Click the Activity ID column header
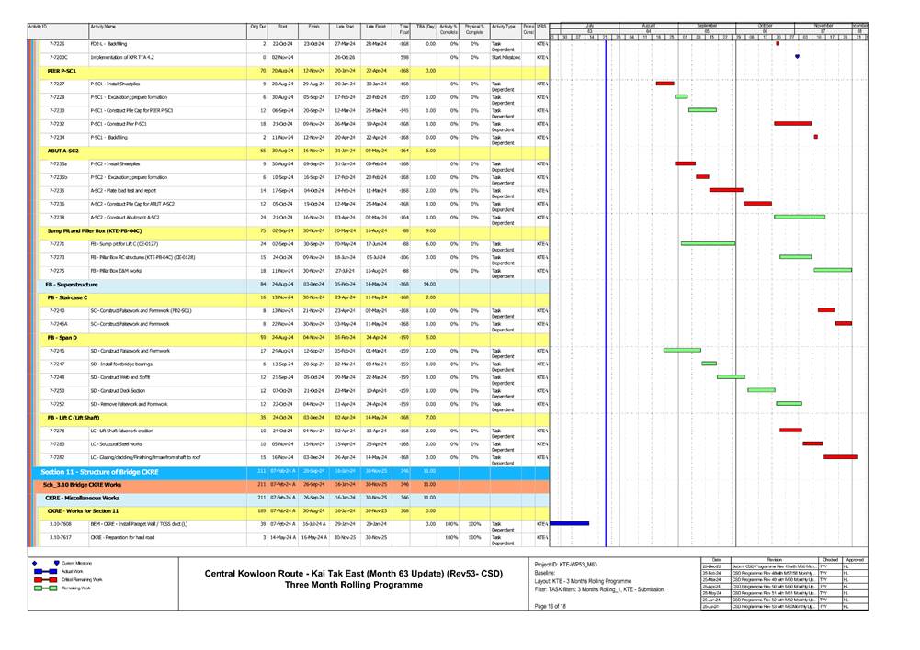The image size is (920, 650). pyautogui.click(x=39, y=28)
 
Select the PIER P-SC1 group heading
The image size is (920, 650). pyautogui.click(x=62, y=70)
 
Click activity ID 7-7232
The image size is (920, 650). pyautogui.click(x=56, y=123)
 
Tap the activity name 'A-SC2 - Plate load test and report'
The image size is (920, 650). pyautogui.click(x=128, y=190)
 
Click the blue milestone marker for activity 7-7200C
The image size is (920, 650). pyautogui.click(x=797, y=57)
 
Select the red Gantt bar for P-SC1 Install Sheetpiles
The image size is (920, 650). pyautogui.click(x=664, y=84)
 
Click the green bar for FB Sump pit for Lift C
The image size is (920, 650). pyautogui.click(x=708, y=243)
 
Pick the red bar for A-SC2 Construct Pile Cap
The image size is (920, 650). pyautogui.click(x=757, y=204)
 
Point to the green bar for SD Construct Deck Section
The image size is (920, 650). pyautogui.click(x=761, y=390)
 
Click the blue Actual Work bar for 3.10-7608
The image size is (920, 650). pyautogui.click(x=569, y=523)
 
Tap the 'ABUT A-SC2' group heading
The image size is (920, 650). pyautogui.click(x=63, y=150)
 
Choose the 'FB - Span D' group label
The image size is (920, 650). pyautogui.click(x=62, y=337)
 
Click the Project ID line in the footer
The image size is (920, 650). pyautogui.click(x=568, y=563)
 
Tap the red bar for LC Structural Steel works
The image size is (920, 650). pyautogui.click(x=812, y=443)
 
